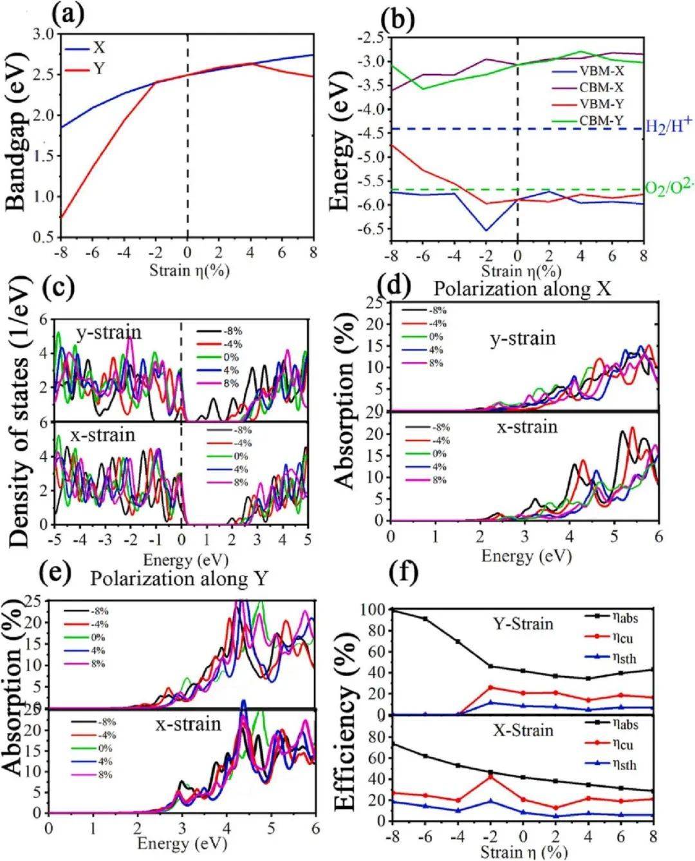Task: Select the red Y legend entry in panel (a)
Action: (x=98, y=68)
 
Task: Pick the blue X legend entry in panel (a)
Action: (x=98, y=48)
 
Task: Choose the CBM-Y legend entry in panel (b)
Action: (x=604, y=118)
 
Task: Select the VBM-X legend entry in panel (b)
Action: (x=604, y=72)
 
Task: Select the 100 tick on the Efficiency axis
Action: (x=374, y=609)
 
